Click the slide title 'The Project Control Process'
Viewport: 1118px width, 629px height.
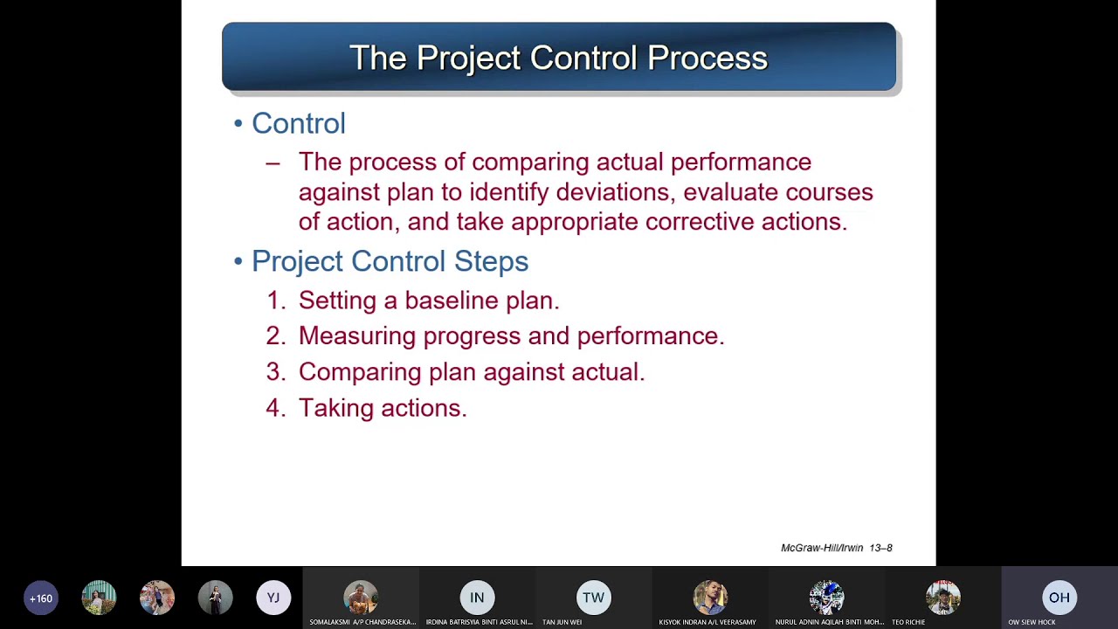(x=558, y=58)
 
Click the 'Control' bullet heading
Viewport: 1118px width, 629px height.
(x=298, y=123)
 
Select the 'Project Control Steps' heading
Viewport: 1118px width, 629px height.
(x=390, y=261)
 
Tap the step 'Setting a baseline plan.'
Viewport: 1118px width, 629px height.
(x=428, y=301)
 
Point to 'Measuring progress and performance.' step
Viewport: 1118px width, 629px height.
(x=511, y=336)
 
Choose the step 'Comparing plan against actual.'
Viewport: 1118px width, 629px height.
(x=471, y=372)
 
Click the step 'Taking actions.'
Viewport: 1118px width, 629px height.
(x=383, y=408)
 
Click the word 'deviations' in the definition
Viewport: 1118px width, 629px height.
(x=616, y=192)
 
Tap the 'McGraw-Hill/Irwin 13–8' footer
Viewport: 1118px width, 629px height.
(x=836, y=548)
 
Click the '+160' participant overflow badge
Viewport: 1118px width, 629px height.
(x=41, y=598)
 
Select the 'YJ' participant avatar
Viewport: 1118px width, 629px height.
(x=273, y=598)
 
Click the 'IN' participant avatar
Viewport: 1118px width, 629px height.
(x=477, y=598)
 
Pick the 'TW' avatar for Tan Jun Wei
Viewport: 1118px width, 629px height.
(x=593, y=598)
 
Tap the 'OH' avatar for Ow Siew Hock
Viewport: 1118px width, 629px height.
(x=1059, y=598)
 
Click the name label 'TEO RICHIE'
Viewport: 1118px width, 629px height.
(x=908, y=622)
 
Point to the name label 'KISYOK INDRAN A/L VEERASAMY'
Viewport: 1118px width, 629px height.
(x=707, y=622)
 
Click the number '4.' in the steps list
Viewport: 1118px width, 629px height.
(x=275, y=408)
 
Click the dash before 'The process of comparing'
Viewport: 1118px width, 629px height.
(x=273, y=162)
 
